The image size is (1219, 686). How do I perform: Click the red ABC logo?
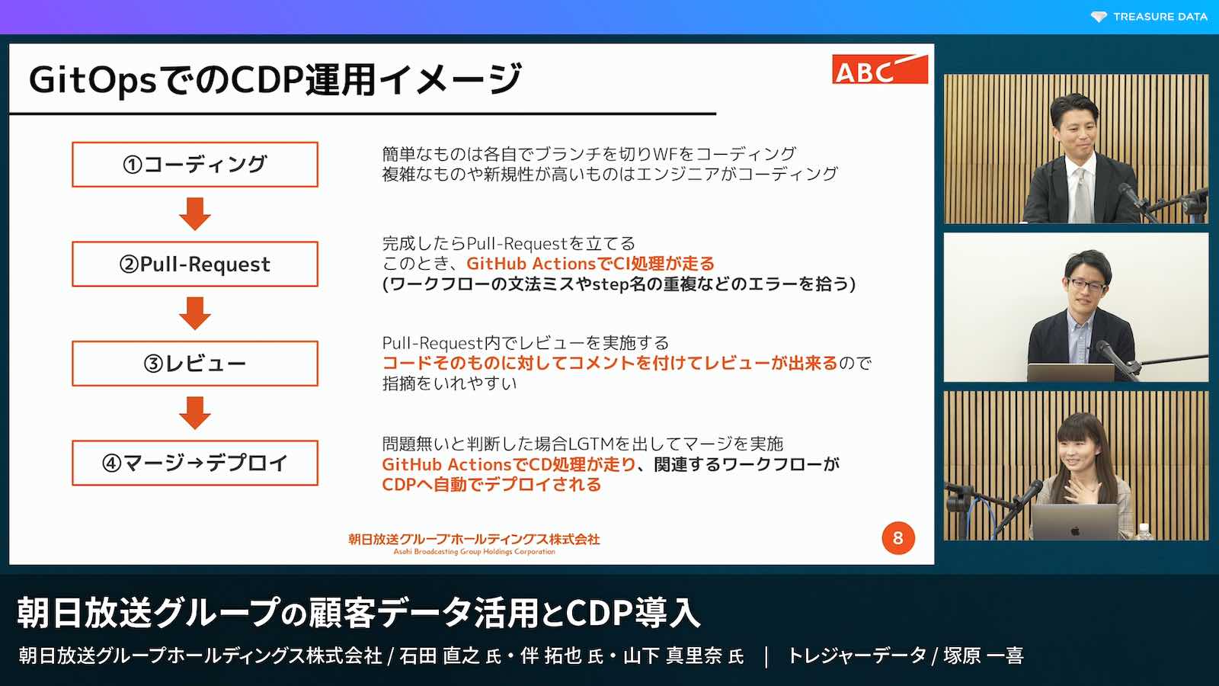[879, 69]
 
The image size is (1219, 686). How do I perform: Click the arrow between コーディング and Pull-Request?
[195, 214]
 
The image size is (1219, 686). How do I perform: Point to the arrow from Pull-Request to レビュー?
[195, 313]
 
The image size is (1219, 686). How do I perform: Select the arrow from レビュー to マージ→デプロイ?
[195, 412]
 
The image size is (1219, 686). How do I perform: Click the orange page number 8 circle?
[898, 538]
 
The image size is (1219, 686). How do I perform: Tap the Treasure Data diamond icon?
[1099, 17]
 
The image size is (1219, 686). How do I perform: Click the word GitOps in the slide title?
[93, 79]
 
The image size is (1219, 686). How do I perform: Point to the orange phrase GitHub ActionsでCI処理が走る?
[590, 264]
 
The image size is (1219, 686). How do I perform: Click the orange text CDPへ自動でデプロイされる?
[491, 485]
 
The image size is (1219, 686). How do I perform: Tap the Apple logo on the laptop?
[1075, 531]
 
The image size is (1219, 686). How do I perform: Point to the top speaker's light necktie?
[1082, 195]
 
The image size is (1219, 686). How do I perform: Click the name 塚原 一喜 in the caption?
[984, 656]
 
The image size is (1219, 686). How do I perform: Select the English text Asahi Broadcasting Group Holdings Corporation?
[474, 552]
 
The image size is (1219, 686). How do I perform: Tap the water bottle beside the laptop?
[1144, 532]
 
